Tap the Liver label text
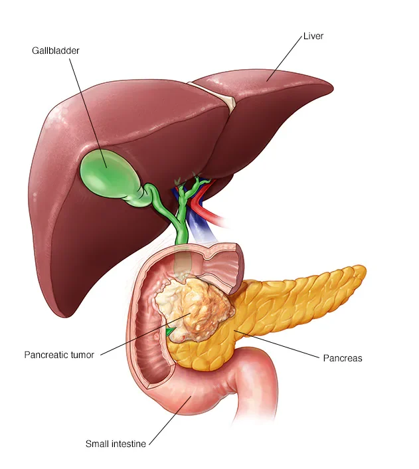(313, 36)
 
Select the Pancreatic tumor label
(59, 355)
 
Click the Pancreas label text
(342, 358)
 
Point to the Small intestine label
(116, 443)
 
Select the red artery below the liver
(211, 214)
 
